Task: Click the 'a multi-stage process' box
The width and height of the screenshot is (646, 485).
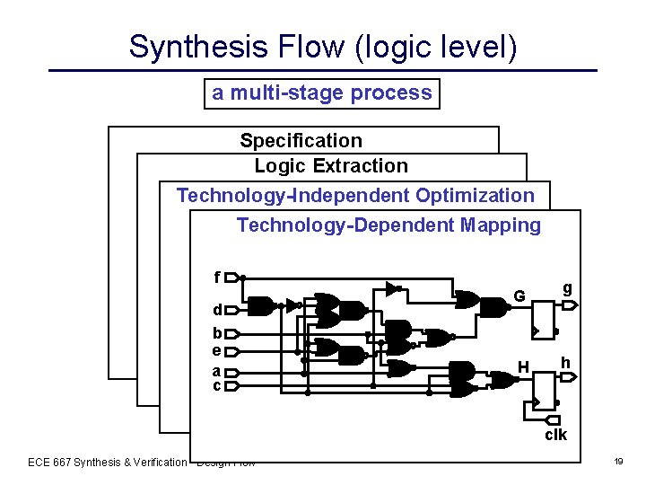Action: pos(322,93)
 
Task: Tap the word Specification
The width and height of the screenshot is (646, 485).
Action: pos(301,140)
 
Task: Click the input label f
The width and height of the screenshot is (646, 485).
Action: pos(216,277)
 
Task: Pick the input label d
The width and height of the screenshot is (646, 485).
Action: pos(216,310)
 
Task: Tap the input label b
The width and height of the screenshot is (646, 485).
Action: pos(216,334)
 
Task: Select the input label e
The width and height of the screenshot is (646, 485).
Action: pos(216,350)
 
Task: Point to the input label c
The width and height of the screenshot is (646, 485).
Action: pos(216,385)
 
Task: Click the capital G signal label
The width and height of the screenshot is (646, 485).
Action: pos(519,296)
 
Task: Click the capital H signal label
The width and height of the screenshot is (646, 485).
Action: pos(522,366)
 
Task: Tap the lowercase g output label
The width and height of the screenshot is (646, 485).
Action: pos(567,288)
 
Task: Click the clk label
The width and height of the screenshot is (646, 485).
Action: pos(555,435)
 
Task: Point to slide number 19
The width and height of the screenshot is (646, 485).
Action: pos(618,462)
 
